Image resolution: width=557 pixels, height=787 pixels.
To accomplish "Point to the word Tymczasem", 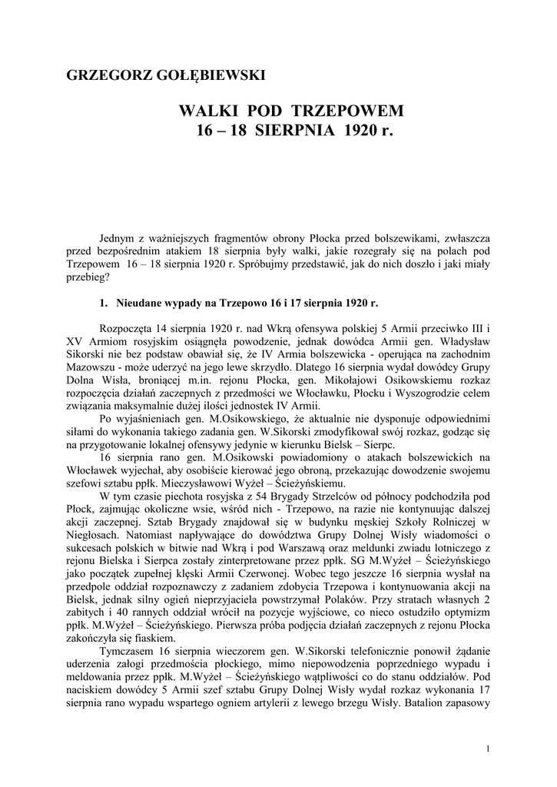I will pos(127,653).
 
